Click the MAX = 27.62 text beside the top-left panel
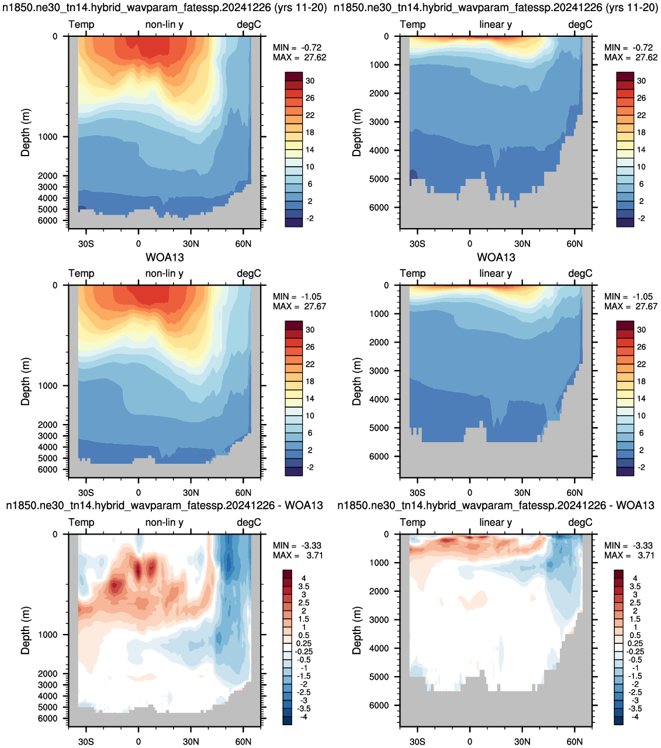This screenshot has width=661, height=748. pyautogui.click(x=299, y=57)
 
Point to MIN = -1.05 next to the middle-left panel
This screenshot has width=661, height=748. pyautogui.click(x=297, y=297)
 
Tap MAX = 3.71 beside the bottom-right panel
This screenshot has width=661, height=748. pyautogui.click(x=629, y=555)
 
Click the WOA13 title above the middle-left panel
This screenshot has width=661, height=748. pyautogui.click(x=165, y=257)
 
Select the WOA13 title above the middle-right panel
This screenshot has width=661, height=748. pyautogui.click(x=496, y=257)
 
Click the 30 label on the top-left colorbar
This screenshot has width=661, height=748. pyautogui.click(x=310, y=81)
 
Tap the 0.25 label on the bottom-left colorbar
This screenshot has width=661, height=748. pyautogui.click(x=305, y=643)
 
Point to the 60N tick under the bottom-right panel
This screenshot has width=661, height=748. pyautogui.click(x=575, y=742)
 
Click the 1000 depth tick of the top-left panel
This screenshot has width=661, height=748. pyautogui.click(x=48, y=137)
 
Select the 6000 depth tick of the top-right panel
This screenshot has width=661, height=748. pyautogui.click(x=379, y=208)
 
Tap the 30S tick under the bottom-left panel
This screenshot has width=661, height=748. pyautogui.click(x=86, y=742)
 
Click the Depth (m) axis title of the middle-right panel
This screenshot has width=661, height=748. pyautogui.click(x=357, y=381)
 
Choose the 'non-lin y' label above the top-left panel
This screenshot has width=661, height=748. pyautogui.click(x=164, y=25)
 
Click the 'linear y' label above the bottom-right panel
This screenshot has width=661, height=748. pyautogui.click(x=496, y=522)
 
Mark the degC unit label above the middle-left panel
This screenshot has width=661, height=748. pyautogui.click(x=249, y=274)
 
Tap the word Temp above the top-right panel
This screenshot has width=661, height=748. pyautogui.click(x=413, y=25)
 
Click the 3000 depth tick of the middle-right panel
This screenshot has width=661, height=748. pyautogui.click(x=379, y=371)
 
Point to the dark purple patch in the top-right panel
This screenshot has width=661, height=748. pyautogui.click(x=413, y=174)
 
